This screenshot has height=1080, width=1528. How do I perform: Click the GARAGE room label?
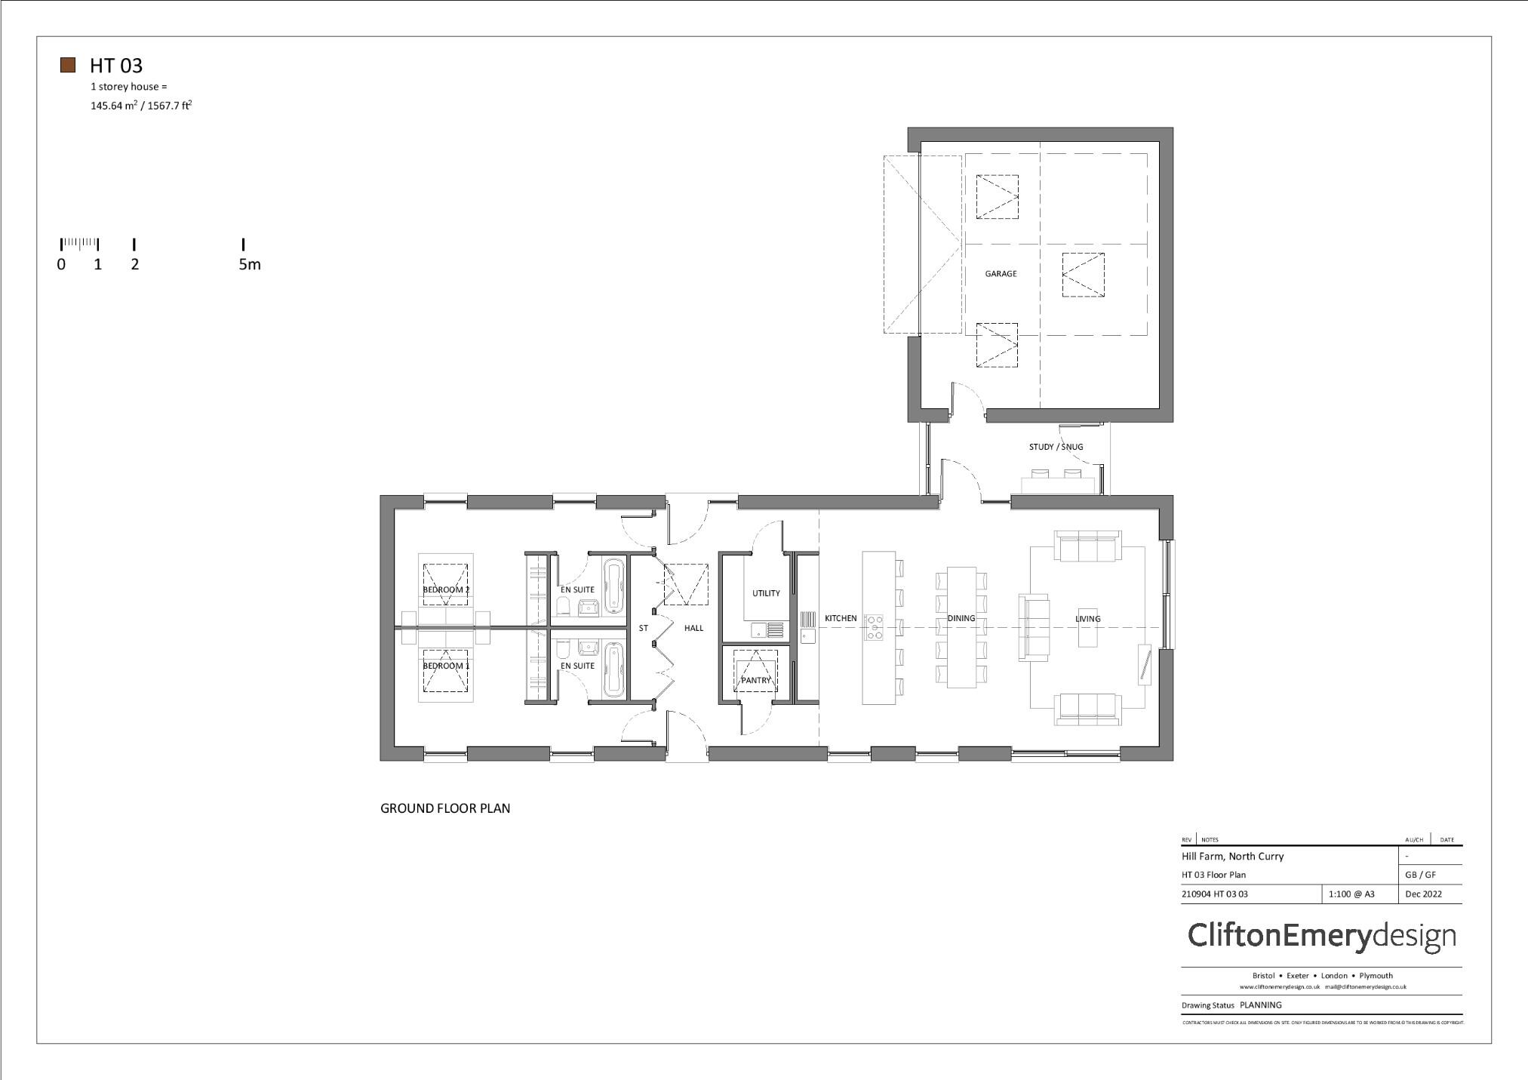pyautogui.click(x=1001, y=274)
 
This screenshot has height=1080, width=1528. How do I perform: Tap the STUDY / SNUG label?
pyautogui.click(x=1056, y=447)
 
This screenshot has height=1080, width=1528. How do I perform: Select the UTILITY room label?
pyautogui.click(x=766, y=593)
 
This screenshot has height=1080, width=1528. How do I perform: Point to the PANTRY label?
pyautogui.click(x=755, y=680)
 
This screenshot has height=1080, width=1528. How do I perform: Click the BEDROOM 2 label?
pyautogui.click(x=446, y=589)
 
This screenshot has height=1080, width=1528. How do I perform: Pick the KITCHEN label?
pyautogui.click(x=841, y=618)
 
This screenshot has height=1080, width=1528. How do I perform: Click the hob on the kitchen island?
pyautogui.click(x=875, y=628)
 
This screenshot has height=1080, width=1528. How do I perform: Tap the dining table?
pyautogui.click(x=961, y=628)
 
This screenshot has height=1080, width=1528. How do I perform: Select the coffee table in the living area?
pyautogui.click(x=1087, y=628)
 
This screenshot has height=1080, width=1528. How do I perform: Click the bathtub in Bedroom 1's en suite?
pyautogui.click(x=614, y=669)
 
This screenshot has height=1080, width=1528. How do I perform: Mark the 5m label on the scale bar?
pyautogui.click(x=250, y=264)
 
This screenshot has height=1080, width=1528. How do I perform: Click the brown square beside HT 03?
pyautogui.click(x=68, y=65)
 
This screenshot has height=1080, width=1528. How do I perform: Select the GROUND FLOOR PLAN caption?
pyautogui.click(x=445, y=808)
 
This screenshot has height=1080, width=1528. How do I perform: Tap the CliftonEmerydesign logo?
pyautogui.click(x=1321, y=936)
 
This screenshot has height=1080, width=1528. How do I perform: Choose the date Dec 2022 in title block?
pyautogui.click(x=1423, y=894)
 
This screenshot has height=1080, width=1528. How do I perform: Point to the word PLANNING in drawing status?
pyautogui.click(x=1260, y=1005)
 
